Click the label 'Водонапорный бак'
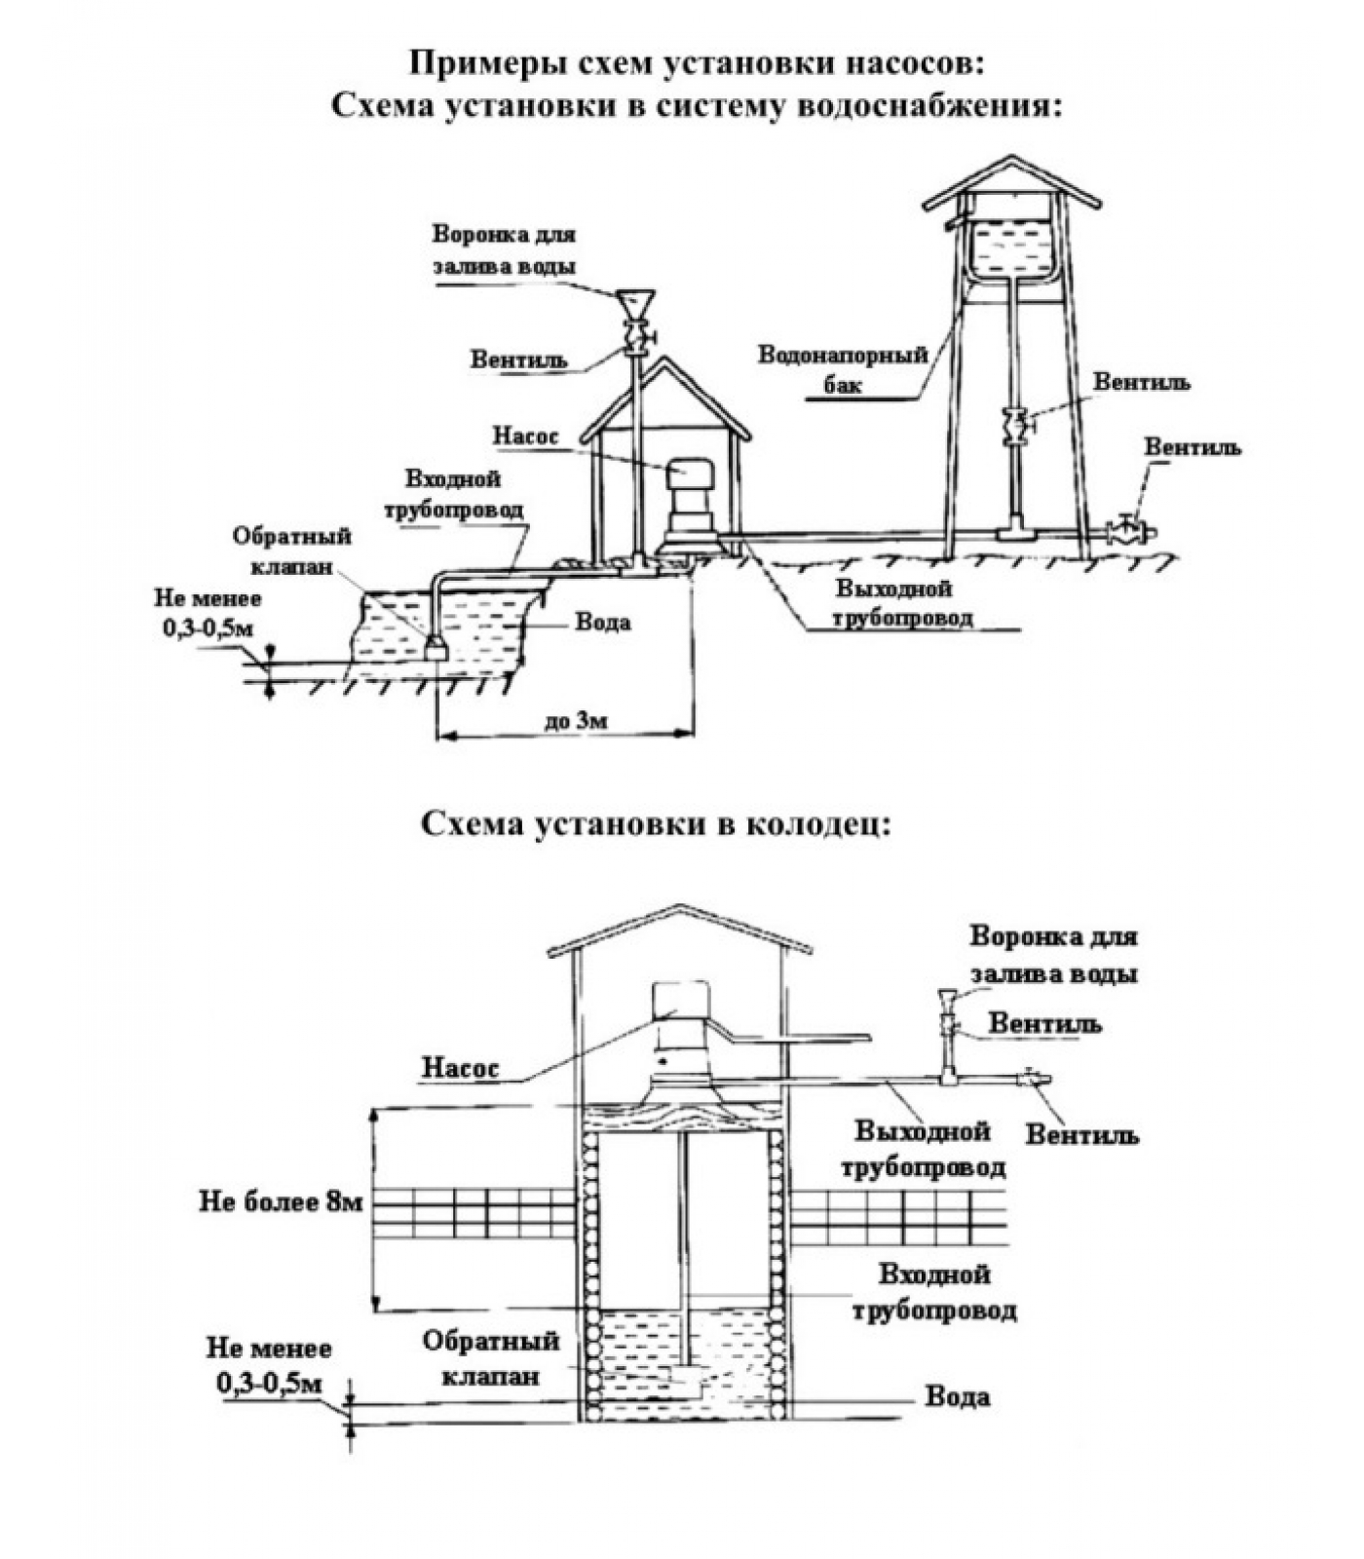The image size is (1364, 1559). click(x=843, y=368)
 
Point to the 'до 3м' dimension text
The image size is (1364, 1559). click(x=575, y=720)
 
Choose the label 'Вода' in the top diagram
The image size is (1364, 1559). click(x=602, y=622)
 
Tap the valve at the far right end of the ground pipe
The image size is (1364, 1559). click(x=1130, y=531)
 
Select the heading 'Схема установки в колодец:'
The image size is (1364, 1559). click(x=655, y=824)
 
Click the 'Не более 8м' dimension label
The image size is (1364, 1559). click(x=281, y=1201)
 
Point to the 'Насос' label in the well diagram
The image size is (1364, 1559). click(x=460, y=1067)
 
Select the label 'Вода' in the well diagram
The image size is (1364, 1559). click(x=957, y=1396)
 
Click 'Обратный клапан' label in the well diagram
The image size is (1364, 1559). click(x=491, y=1358)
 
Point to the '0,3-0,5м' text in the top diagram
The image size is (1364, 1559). click(x=207, y=628)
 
